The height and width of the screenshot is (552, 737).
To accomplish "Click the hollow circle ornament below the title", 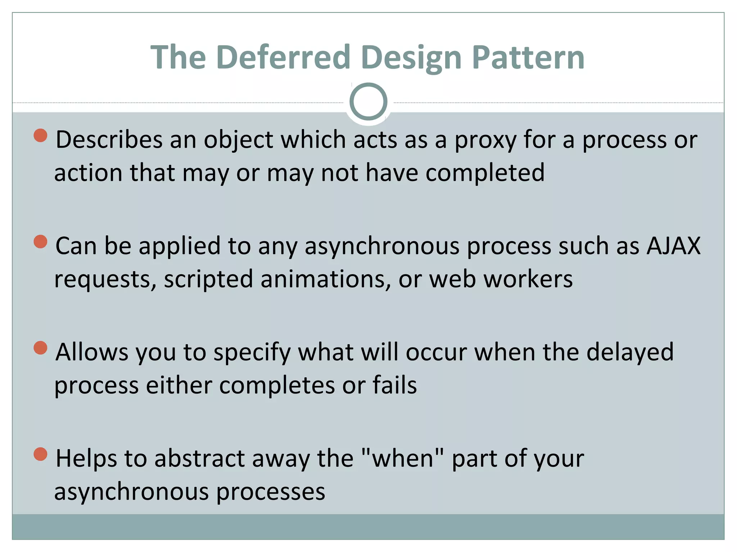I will pyautogui.click(x=368, y=102).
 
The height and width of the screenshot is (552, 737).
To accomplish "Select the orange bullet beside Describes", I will pyautogui.click(x=41, y=135).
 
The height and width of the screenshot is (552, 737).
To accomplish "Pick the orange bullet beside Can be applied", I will pyautogui.click(x=41, y=241).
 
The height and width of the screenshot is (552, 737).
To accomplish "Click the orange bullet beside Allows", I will pyautogui.click(x=41, y=348).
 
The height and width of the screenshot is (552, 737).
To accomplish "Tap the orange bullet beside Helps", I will pyautogui.click(x=41, y=454).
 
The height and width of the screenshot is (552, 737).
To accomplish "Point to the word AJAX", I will pyautogui.click(x=673, y=246).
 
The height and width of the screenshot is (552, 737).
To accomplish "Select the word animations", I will pyautogui.click(x=323, y=279).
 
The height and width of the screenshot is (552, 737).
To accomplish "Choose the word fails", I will pyautogui.click(x=394, y=385).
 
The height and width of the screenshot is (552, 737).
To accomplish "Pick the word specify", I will pyautogui.click(x=252, y=352).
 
